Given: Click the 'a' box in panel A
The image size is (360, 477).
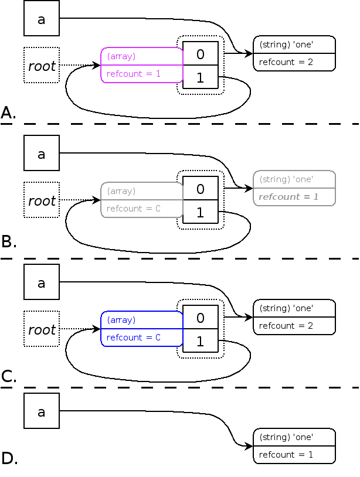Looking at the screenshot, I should [x=41, y=19].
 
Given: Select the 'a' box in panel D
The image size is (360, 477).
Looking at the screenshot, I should [x=41, y=411].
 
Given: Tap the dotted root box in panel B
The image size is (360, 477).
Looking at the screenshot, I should [x=42, y=200].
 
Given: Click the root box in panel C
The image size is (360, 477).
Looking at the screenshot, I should [x=42, y=329].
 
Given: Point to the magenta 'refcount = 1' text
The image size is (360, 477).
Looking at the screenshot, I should [x=134, y=74].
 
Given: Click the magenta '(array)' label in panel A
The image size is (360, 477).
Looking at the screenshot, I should [x=121, y=56].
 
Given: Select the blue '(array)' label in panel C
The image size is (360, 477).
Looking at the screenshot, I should [x=121, y=320].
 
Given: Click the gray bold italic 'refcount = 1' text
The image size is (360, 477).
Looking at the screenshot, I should [x=288, y=197].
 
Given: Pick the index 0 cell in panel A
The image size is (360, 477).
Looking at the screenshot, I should [x=201, y=55].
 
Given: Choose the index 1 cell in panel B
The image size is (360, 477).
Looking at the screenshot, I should [x=201, y=213].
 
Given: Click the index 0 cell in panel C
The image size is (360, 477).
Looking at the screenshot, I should [x=201, y=318].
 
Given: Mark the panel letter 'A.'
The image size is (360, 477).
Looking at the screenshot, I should [x=9, y=113].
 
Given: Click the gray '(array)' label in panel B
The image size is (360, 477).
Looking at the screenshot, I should [x=121, y=191].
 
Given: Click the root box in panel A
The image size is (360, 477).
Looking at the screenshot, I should [x=42, y=66].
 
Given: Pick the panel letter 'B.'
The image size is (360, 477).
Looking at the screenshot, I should [x=9, y=241].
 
